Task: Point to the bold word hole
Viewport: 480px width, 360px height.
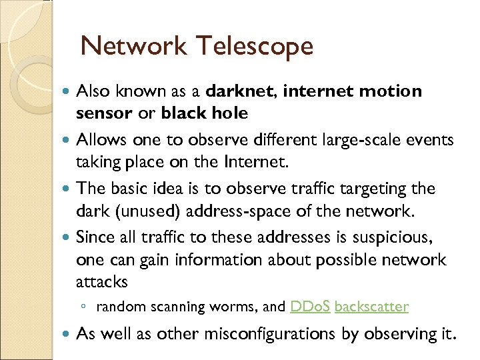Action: click(x=229, y=113)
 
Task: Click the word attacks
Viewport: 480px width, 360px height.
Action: click(x=101, y=282)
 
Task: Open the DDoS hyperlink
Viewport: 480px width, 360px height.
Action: click(x=310, y=307)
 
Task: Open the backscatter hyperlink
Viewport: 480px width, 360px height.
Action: click(x=371, y=307)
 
